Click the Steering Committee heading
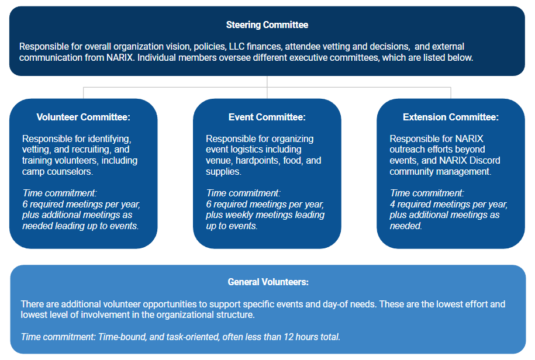pos(267,25)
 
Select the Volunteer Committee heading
pos(83,117)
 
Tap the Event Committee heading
pos(267,117)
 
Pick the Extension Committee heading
pos(451,117)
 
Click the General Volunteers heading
pos(268,282)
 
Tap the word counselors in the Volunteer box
pos(70,171)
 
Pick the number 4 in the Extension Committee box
pos(393,205)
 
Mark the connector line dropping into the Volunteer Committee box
pos(84,93)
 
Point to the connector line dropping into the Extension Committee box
pos(451,93)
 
